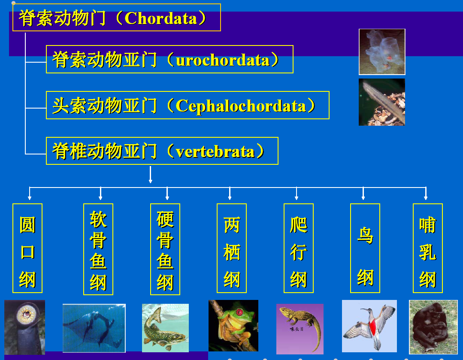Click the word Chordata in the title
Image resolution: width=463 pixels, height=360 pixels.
tap(160, 18)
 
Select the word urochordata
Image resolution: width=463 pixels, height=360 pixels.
tap(223, 60)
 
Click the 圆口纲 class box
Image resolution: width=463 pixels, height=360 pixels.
tap(27, 248)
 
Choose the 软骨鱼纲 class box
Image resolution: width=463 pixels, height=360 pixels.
tap(98, 249)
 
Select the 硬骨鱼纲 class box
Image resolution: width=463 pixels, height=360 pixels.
tap(165, 249)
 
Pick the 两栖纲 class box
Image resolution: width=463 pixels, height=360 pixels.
tap(232, 248)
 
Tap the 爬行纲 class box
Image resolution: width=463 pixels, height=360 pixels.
tap(299, 248)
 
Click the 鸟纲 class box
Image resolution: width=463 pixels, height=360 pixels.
tap(365, 248)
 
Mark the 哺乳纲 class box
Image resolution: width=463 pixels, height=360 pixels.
tap(428, 248)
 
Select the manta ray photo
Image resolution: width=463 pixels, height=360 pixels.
tap(94, 328)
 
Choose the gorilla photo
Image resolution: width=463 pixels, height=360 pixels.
tap(433, 327)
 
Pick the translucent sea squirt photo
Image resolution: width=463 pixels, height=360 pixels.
tap(382, 51)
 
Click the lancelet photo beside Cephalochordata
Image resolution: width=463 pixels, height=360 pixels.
tap(382, 102)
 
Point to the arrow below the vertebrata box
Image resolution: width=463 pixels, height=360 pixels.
tap(151, 175)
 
